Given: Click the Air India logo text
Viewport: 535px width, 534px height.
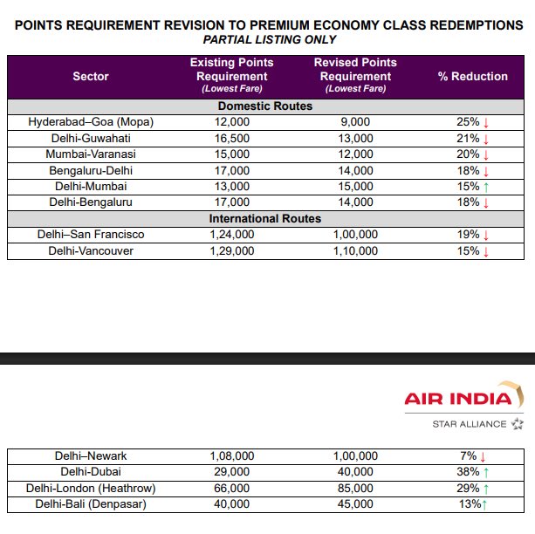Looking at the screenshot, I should pyautogui.click(x=458, y=400).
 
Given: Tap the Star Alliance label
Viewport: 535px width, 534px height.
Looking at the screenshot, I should pyautogui.click(x=470, y=424).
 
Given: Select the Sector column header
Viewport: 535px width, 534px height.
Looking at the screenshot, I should pyautogui.click(x=91, y=76).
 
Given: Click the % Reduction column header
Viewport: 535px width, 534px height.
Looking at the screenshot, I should pyautogui.click(x=472, y=76).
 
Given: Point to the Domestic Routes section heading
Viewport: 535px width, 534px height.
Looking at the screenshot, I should pyautogui.click(x=265, y=106).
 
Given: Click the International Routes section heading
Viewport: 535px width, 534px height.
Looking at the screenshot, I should pyautogui.click(x=265, y=218).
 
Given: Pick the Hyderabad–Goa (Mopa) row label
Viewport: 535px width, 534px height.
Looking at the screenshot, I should pyautogui.click(x=91, y=122).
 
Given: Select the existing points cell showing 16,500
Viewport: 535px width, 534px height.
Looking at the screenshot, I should pyautogui.click(x=231, y=139).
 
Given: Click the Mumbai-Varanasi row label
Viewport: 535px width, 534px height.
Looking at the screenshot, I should pyautogui.click(x=91, y=154).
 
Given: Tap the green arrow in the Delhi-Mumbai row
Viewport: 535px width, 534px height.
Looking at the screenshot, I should pyautogui.click(x=484, y=187).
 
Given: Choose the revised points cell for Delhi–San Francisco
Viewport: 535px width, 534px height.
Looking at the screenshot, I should pyautogui.click(x=355, y=235).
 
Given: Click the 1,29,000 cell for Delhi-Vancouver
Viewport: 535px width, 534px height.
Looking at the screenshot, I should pyautogui.click(x=231, y=250).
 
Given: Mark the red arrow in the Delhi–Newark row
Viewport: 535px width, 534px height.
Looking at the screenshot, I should pyautogui.click(x=483, y=455).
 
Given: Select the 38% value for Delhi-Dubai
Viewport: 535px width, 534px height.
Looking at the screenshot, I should pyautogui.click(x=469, y=471).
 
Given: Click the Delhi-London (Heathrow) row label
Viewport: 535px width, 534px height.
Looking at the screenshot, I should pyautogui.click(x=91, y=488).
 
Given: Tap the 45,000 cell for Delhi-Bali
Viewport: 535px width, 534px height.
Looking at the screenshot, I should pyautogui.click(x=355, y=503).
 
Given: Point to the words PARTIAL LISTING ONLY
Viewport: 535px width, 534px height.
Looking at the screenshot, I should pyautogui.click(x=269, y=39).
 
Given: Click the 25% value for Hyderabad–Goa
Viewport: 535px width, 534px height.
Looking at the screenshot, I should pyautogui.click(x=468, y=122).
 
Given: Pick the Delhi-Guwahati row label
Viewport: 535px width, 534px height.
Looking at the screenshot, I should pyautogui.click(x=91, y=139).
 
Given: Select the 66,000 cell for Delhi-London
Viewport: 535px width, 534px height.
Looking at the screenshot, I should pyautogui.click(x=231, y=488).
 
